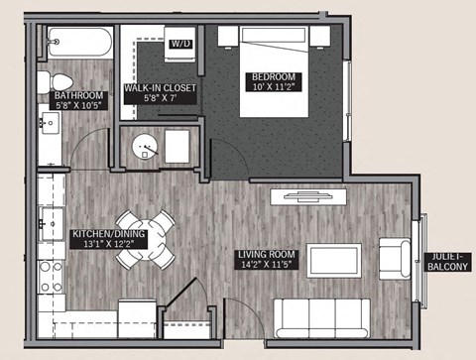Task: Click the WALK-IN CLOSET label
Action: [x=160, y=88]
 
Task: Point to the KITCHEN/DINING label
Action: [x=109, y=235]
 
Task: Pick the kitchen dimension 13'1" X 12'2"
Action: [x=109, y=247]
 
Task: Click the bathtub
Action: [x=79, y=43]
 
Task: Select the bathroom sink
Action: [x=49, y=125]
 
